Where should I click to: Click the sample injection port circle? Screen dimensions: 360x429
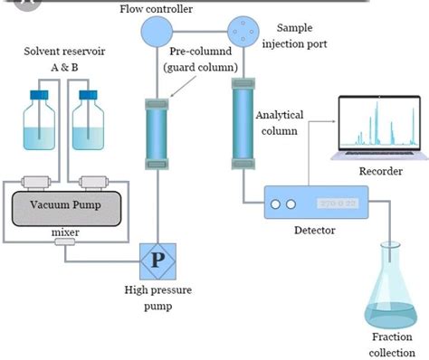[x=243, y=33]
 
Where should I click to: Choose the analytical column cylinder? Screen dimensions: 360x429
[x=243, y=121]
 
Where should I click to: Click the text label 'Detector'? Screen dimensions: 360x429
[x=315, y=231]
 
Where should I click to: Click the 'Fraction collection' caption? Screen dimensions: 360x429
[x=391, y=345]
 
